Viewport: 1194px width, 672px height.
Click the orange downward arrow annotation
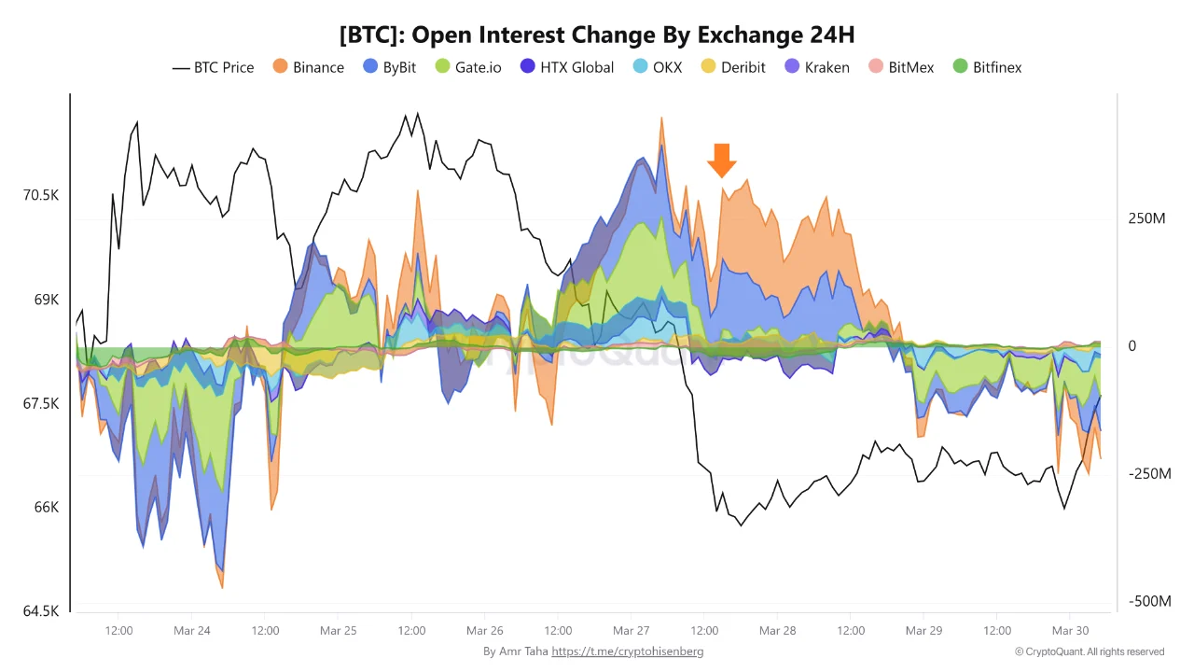click(720, 161)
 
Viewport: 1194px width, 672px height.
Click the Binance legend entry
click(309, 67)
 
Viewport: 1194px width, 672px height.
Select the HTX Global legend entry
click(567, 67)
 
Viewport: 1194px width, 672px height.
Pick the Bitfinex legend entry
click(987, 67)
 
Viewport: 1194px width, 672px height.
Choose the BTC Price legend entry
click(214, 67)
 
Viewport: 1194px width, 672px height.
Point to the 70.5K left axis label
click(41, 196)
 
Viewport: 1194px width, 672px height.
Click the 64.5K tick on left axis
click(41, 611)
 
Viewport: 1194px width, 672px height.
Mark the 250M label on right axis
click(1146, 218)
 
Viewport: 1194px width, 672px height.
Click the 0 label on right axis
click(1132, 346)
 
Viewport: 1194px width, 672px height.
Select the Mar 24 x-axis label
click(192, 631)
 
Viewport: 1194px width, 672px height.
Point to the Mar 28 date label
click(777, 631)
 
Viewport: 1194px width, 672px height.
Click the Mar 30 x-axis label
click(1070, 631)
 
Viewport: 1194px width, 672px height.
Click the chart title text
click(597, 35)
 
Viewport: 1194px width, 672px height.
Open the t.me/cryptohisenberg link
click(627, 651)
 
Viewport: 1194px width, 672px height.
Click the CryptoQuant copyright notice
click(1090, 651)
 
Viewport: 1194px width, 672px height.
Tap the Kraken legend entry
click(816, 67)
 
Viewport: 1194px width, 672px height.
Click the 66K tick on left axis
click(47, 508)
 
